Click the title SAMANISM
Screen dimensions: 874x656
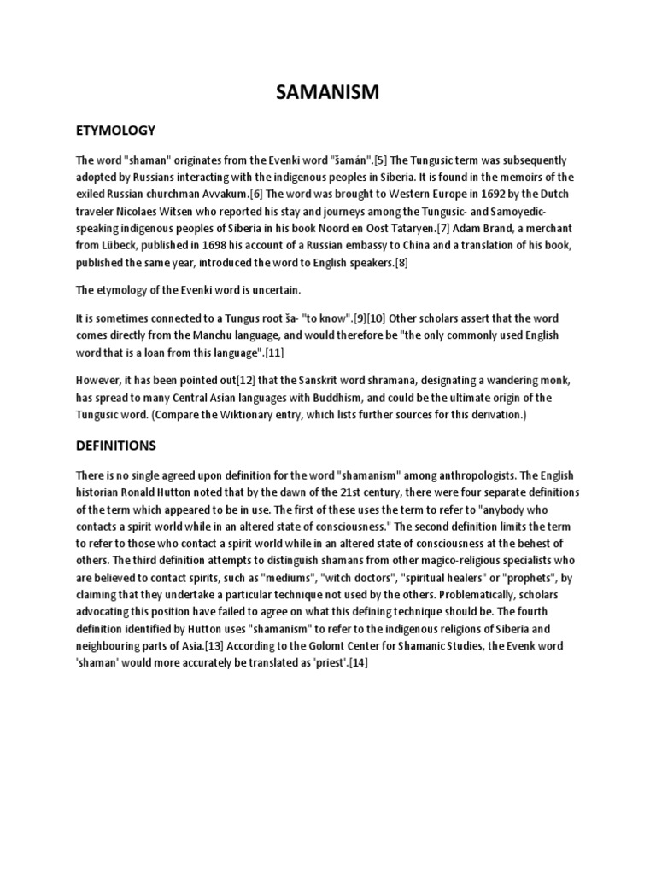327,92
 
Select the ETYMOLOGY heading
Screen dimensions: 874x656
115,130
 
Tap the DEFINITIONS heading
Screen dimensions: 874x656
115,445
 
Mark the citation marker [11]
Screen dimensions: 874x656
278,353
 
